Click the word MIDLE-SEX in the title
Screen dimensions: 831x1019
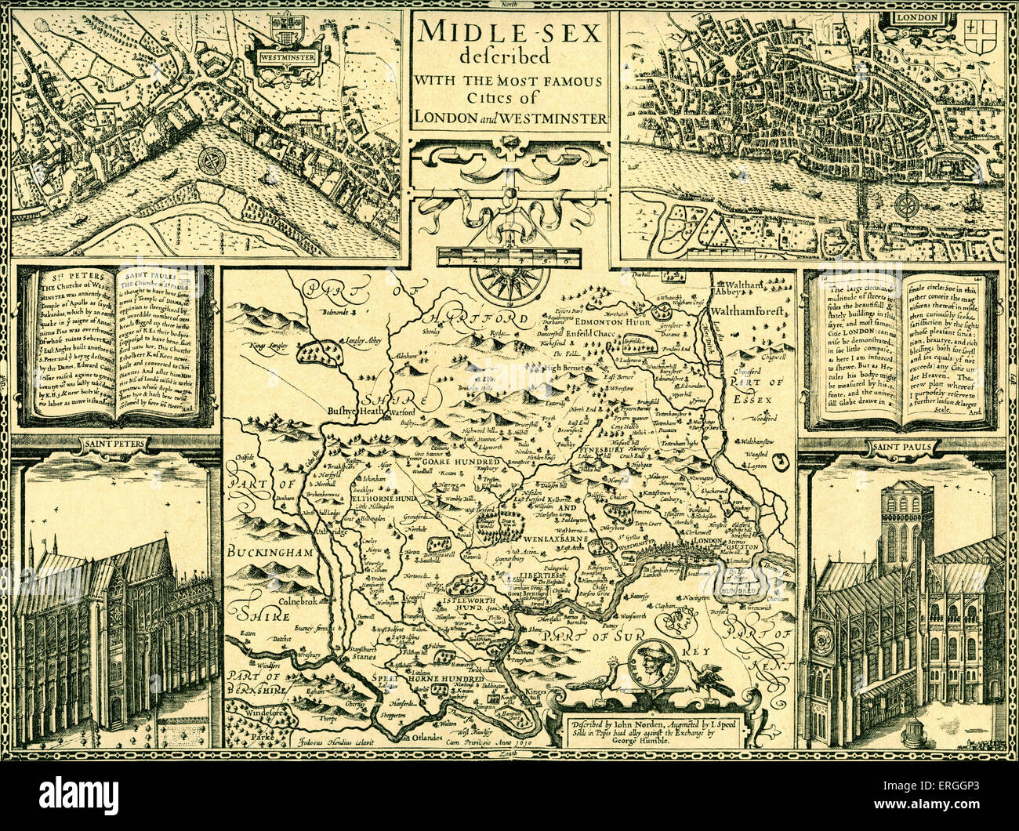[x=509, y=34]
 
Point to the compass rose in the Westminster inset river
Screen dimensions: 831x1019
[x=212, y=161]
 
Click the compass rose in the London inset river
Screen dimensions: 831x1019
[x=908, y=206]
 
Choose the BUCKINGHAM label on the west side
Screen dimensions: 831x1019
[x=270, y=553]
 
